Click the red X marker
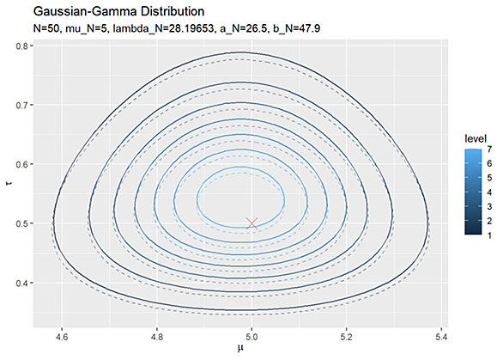[x=251, y=223]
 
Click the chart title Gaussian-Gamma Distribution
[x=118, y=11]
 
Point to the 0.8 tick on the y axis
[x=21, y=46]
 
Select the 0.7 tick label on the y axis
[x=21, y=105]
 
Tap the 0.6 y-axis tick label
[x=21, y=164]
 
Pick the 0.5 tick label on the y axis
[x=21, y=223]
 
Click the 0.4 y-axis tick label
[x=21, y=283]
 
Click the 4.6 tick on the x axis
[x=62, y=337]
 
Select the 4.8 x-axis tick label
[x=157, y=337]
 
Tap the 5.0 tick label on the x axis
[x=251, y=337]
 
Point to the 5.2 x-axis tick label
[x=347, y=337]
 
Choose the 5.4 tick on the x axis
[x=441, y=337]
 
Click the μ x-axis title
[x=240, y=349]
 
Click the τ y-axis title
[x=9, y=183]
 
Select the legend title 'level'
[x=476, y=138]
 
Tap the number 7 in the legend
[x=489, y=149]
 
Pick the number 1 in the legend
[x=489, y=235]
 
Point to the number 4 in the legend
[x=489, y=192]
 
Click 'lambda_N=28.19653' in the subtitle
[x=164, y=28]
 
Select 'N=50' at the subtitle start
[x=46, y=28]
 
